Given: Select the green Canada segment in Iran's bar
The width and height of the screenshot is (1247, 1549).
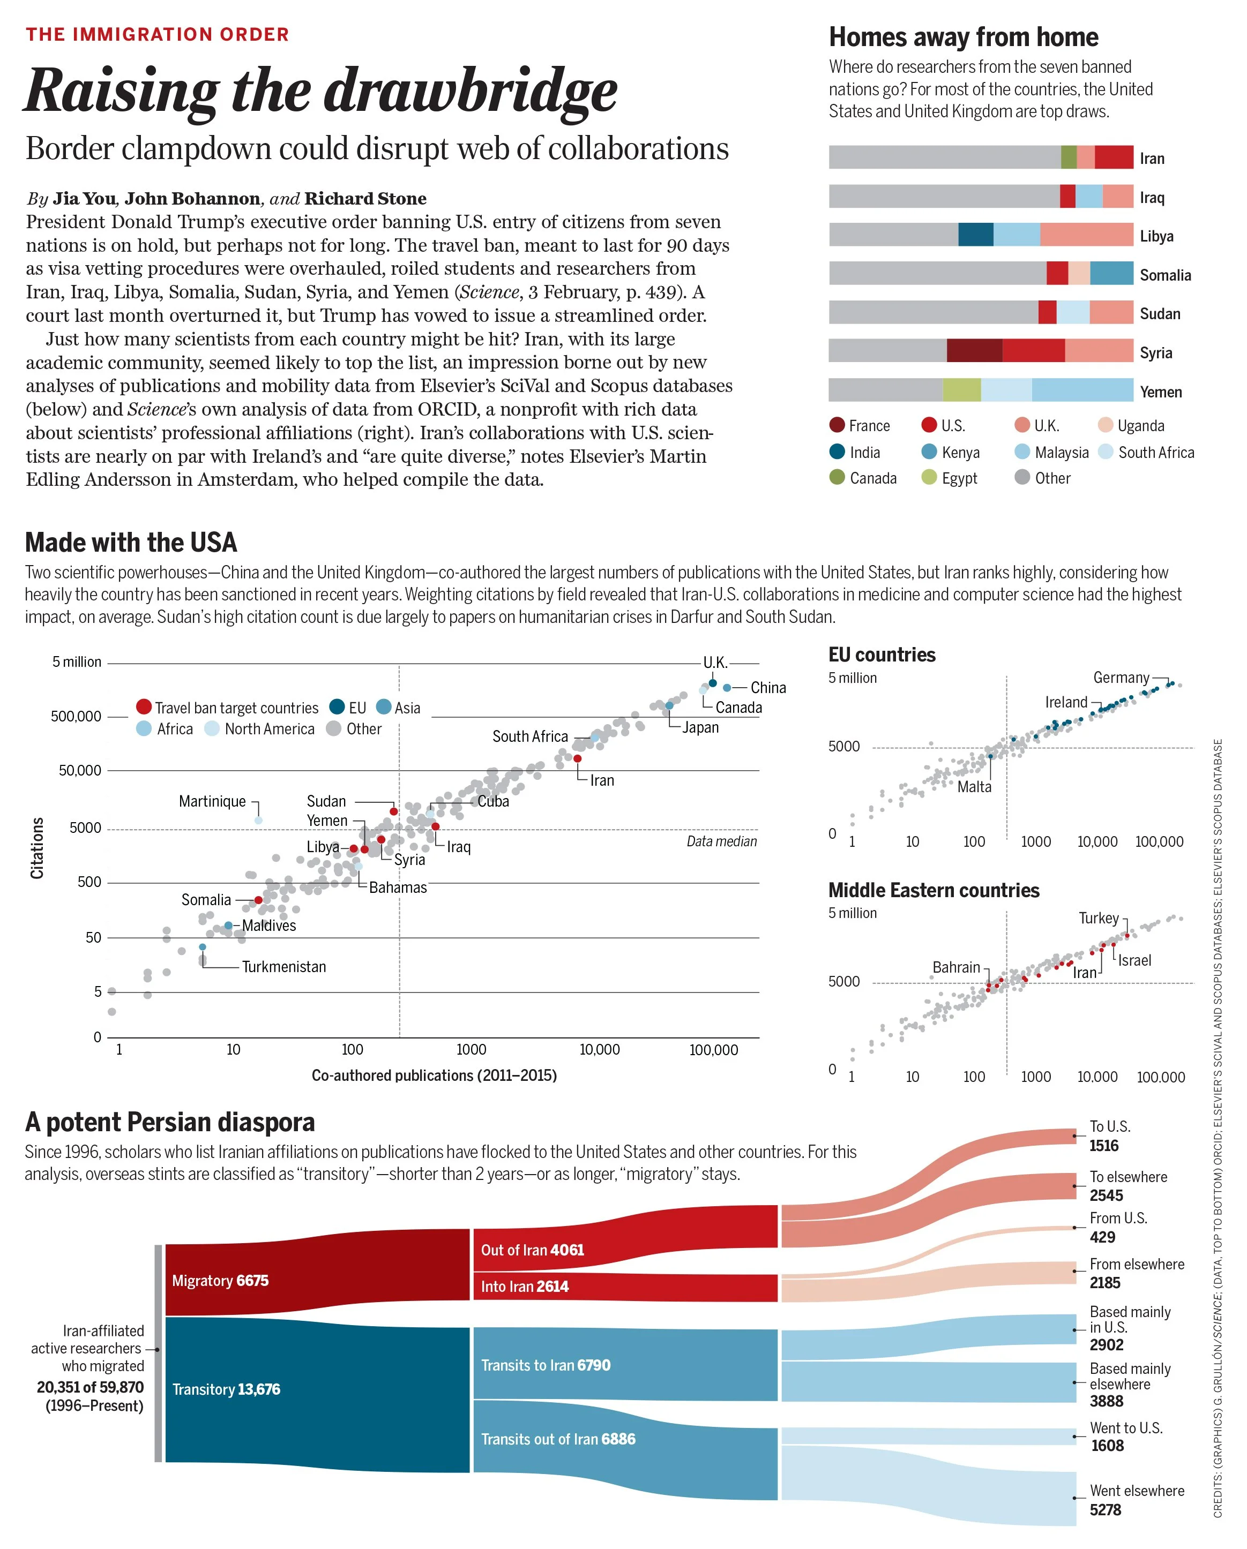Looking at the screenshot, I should (x=1068, y=156).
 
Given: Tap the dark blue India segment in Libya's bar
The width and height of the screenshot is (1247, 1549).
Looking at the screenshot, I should (x=975, y=234).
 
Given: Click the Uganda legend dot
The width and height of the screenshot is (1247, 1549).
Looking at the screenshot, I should (x=1106, y=425).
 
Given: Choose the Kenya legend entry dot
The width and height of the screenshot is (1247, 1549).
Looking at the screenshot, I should (x=929, y=452).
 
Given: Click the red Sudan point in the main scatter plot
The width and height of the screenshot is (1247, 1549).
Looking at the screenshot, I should (x=394, y=811).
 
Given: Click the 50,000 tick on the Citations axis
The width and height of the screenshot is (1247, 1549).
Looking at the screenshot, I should (x=80, y=770).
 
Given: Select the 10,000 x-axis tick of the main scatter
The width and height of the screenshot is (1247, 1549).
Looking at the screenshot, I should (x=600, y=1050).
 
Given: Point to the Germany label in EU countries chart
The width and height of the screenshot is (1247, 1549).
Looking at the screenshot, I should (x=1121, y=678).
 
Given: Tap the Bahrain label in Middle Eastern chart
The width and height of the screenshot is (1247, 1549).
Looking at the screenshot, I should (x=956, y=967).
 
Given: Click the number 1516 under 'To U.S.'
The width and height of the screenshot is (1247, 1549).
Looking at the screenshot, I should (x=1103, y=1145).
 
